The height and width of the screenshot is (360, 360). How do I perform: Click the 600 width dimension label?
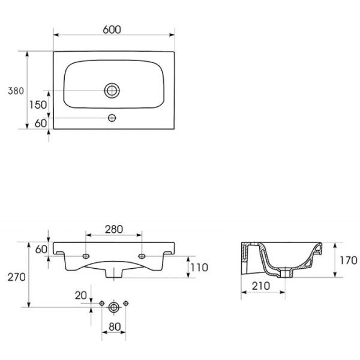pyautogui.click(x=112, y=29)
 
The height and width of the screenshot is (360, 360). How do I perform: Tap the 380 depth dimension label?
pyautogui.click(x=16, y=91)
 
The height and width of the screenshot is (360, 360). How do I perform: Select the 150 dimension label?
pyautogui.click(x=38, y=105)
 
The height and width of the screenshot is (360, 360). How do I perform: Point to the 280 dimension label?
pyautogui.click(x=114, y=229)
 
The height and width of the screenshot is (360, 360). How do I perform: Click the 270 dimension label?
pyautogui.click(x=17, y=277)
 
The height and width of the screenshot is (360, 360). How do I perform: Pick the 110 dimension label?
pyautogui.click(x=199, y=268)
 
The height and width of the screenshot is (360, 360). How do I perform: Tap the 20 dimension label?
pyautogui.click(x=81, y=295)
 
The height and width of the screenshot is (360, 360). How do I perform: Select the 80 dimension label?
pyautogui.click(x=115, y=327)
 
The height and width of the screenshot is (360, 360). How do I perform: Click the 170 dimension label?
pyautogui.click(x=348, y=260)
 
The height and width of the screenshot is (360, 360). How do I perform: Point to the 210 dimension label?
pyautogui.click(x=261, y=286)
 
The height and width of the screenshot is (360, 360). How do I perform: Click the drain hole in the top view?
pyautogui.click(x=112, y=91)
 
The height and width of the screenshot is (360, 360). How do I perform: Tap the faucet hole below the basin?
pyautogui.click(x=112, y=118)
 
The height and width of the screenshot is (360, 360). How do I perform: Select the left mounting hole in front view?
pyautogui.click(x=86, y=256)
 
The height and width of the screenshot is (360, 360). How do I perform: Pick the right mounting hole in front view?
pyautogui.click(x=142, y=256)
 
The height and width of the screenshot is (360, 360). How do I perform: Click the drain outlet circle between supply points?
pyautogui.click(x=114, y=307)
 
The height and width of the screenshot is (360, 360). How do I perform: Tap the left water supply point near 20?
pyautogui.click(x=102, y=304)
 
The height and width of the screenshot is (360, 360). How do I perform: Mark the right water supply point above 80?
pyautogui.click(x=125, y=304)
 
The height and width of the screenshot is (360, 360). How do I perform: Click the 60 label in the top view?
pyautogui.click(x=41, y=123)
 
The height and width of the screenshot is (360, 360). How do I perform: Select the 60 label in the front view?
pyautogui.click(x=41, y=250)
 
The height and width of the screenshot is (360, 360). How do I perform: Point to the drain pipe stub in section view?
pyautogui.click(x=286, y=273)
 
